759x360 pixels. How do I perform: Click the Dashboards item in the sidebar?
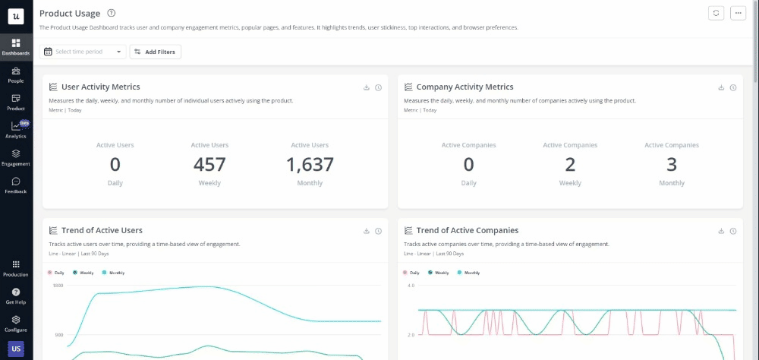(15, 46)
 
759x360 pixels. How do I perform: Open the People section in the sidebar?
(15, 74)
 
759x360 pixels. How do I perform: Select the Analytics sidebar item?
(15, 130)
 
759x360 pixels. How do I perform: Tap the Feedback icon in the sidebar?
(15, 185)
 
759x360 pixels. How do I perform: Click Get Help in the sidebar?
(15, 295)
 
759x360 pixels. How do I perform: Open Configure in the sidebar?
(15, 323)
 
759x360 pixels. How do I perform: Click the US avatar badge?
(15, 349)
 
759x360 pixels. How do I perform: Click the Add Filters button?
(156, 52)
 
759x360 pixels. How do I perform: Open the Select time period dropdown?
(83, 52)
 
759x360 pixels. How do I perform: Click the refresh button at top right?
(716, 13)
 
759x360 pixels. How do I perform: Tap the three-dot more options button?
(738, 13)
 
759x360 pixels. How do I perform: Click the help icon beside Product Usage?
(112, 13)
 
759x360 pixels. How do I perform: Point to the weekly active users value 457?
(209, 164)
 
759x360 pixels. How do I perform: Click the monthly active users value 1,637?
(310, 164)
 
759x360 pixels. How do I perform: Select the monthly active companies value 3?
(672, 164)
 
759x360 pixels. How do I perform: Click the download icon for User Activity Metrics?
(367, 87)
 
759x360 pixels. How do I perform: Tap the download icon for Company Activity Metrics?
(721, 87)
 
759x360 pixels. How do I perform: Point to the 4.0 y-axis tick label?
(411, 286)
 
